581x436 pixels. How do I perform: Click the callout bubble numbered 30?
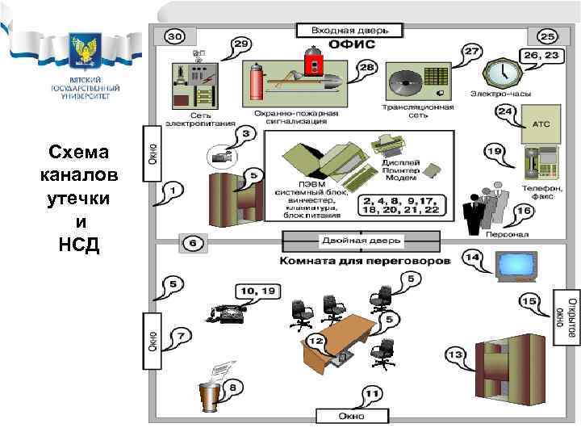coord(174,36)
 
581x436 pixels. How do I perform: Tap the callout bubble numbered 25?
coord(546,36)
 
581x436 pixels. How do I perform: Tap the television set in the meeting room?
coord(515,264)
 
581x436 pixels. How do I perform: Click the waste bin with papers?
coord(211,393)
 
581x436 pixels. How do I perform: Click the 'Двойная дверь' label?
coord(362,241)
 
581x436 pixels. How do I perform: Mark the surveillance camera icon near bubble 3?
coord(219,156)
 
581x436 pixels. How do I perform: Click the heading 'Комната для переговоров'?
coord(365,262)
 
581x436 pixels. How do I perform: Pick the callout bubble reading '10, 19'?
coord(256,289)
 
